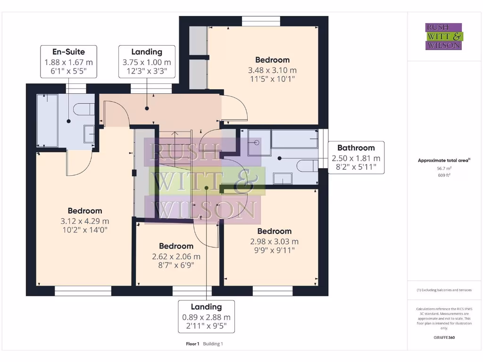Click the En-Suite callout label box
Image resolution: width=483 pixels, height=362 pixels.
coord(69,62)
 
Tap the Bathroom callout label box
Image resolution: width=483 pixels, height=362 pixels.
coord(356,157)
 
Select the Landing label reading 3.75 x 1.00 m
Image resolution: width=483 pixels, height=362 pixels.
coord(147,62)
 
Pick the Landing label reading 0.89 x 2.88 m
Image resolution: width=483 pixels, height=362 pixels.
coord(207,316)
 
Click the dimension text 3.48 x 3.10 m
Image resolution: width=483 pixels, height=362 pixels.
coord(272,70)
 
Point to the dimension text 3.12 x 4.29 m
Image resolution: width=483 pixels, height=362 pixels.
coord(85,221)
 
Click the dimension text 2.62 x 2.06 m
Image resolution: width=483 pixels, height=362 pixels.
coord(176,256)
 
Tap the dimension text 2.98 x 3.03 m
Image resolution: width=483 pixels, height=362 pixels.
coord(274,242)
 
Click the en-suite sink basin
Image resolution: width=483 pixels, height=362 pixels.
coord(89,134)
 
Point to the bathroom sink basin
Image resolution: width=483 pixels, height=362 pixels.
coord(283,179)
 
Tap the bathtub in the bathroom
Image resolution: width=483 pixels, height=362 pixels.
coord(295,139)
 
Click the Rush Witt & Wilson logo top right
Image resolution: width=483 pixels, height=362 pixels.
coord(444,36)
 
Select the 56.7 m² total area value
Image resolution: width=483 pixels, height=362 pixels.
coord(444,168)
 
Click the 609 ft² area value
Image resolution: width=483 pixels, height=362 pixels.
coord(444,175)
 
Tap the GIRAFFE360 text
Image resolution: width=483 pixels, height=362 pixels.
coord(444,337)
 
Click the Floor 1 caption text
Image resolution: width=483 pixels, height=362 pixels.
coord(192,344)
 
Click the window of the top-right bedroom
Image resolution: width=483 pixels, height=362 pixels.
coord(261,21)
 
